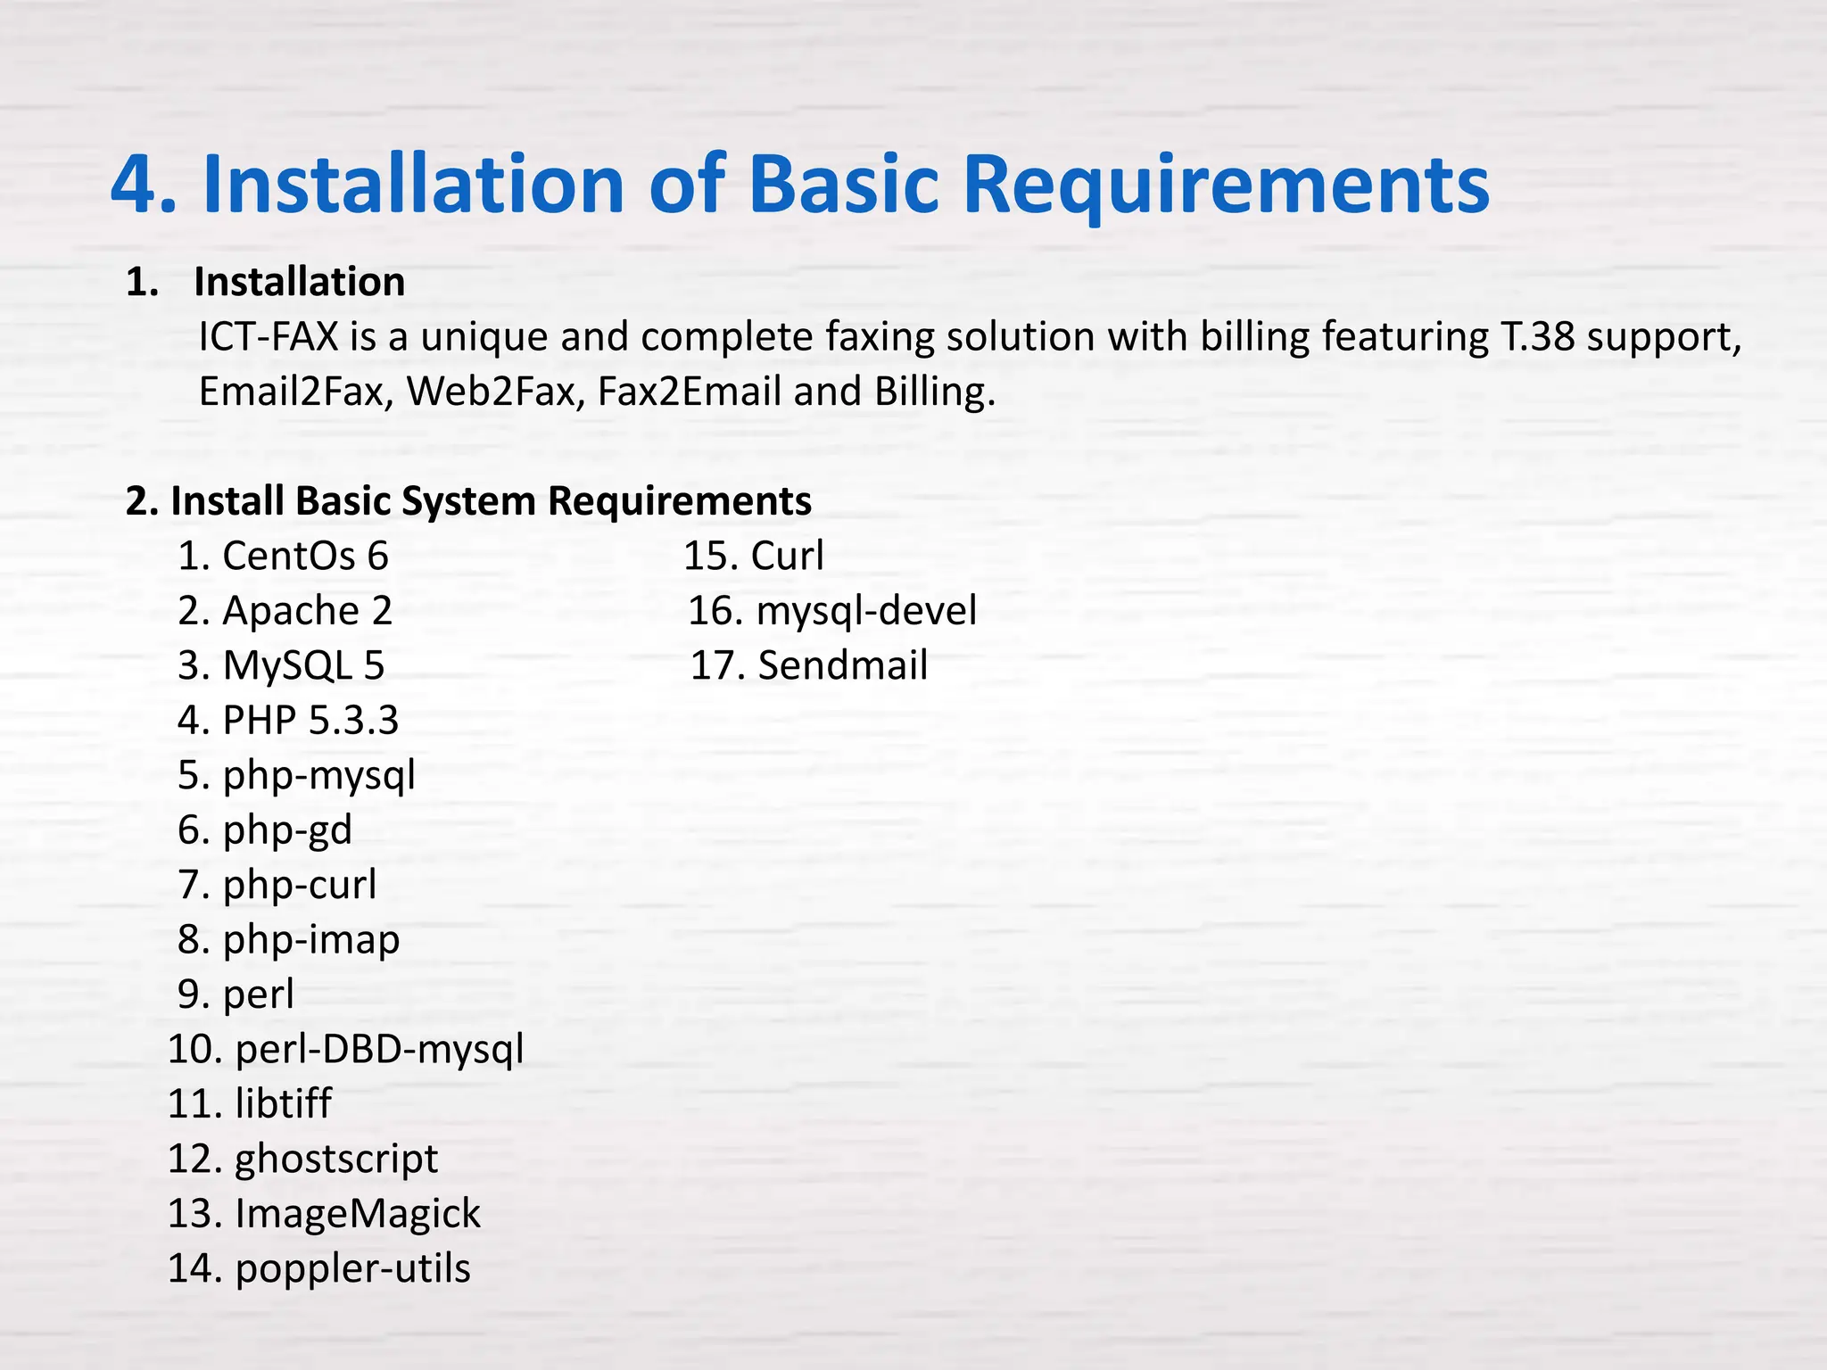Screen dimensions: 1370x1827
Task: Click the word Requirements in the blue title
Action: [x=1226, y=186]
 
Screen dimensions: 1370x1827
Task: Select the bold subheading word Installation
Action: [x=299, y=282]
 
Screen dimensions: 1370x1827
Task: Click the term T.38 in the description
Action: [x=1533, y=337]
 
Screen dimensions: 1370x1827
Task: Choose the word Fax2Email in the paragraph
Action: [x=689, y=392]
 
